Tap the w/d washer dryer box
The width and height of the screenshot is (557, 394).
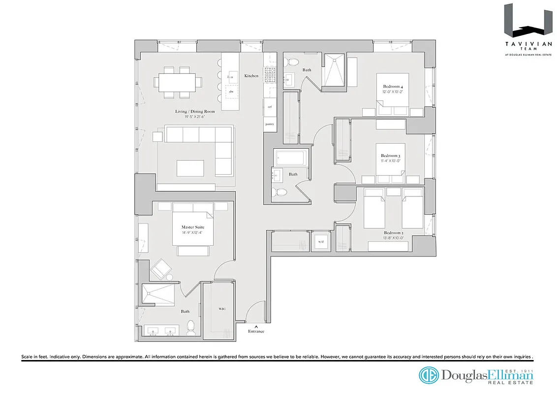point(320,242)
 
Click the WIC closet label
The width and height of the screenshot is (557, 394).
point(222,309)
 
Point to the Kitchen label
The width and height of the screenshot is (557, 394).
point(251,76)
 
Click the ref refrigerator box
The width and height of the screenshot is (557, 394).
point(270,106)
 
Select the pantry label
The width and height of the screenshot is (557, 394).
point(270,124)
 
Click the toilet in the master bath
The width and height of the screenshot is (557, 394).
point(191,327)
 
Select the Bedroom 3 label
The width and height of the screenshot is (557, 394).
point(390,156)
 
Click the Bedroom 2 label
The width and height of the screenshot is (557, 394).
point(393,232)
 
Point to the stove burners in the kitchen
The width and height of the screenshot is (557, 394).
point(270,74)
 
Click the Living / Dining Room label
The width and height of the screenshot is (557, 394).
point(193,111)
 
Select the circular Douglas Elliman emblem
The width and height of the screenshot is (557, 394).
point(429,375)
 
